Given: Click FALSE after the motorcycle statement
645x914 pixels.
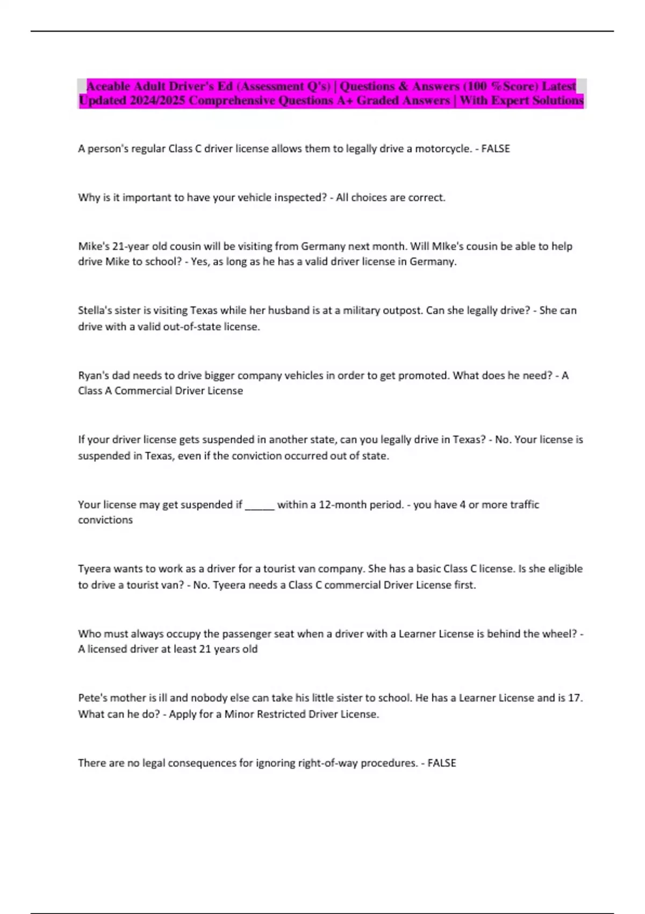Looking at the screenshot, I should pos(496,149).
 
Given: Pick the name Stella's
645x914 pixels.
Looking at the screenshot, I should pos(95,310).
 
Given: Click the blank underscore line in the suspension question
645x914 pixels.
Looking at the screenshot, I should pos(260,505).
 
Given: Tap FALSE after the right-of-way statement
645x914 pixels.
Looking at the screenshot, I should pos(442,763).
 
